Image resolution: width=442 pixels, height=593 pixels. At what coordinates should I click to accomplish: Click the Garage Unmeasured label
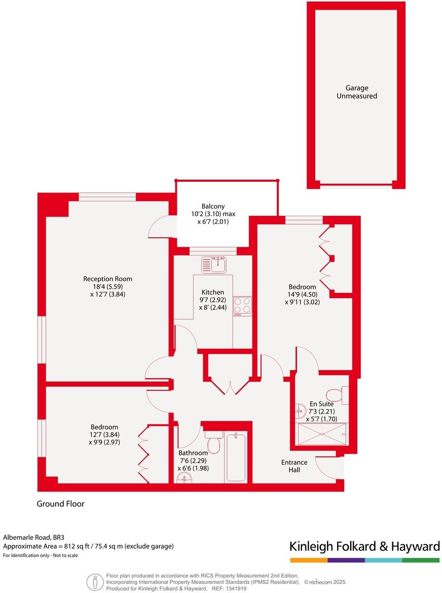click(357, 92)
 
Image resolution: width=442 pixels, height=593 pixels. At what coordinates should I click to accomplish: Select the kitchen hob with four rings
click(242, 306)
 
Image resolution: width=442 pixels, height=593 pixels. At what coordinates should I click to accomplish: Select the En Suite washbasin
click(299, 412)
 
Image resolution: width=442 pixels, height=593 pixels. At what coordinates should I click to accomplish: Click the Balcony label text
click(213, 206)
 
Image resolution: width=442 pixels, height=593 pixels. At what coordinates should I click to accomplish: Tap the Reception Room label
click(107, 279)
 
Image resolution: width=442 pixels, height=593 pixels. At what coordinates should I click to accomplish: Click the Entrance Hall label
click(294, 466)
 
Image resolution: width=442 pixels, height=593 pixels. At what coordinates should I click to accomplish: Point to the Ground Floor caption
click(60, 504)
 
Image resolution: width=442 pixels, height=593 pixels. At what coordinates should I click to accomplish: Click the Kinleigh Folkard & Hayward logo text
click(364, 546)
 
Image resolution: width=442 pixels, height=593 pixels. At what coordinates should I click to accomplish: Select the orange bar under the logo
click(309, 560)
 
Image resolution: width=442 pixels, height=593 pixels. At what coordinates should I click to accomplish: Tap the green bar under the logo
click(421, 560)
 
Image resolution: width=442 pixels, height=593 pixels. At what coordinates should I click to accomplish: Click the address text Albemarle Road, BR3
click(34, 537)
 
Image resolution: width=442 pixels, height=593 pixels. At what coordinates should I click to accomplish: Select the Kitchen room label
click(213, 292)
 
